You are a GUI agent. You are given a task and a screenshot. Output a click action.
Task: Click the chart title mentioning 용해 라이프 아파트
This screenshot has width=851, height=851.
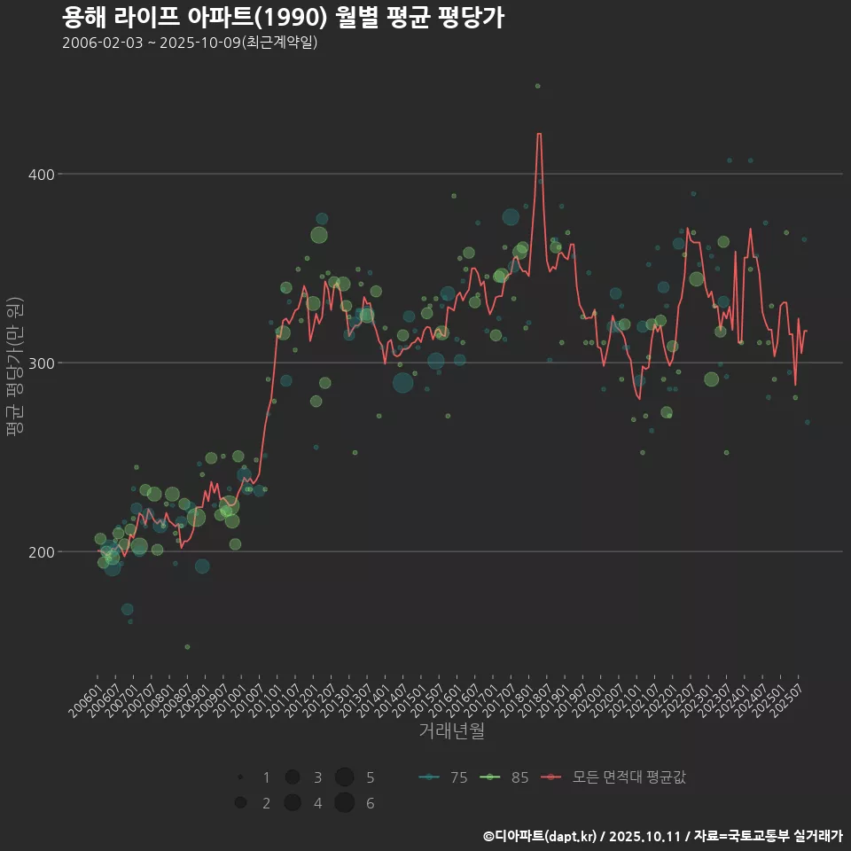[x=284, y=17]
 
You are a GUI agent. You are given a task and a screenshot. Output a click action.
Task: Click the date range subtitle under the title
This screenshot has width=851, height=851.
[x=190, y=43]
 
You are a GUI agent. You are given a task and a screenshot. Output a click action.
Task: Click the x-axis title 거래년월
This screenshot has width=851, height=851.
[x=451, y=731]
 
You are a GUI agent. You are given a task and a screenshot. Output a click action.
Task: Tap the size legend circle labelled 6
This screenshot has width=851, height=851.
[x=345, y=803]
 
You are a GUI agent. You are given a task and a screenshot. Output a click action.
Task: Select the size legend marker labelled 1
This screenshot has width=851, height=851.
[x=240, y=777]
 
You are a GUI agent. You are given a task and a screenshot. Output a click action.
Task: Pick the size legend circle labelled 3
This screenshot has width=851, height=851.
[x=292, y=777]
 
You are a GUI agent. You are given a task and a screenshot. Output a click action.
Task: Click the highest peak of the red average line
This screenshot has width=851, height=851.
[x=538, y=134]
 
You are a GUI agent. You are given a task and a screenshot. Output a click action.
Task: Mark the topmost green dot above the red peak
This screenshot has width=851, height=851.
[x=537, y=86]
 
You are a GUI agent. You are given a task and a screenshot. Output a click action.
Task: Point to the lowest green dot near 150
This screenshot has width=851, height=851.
[x=187, y=646]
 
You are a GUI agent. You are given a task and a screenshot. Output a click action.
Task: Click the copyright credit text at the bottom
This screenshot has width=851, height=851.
[x=662, y=836]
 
